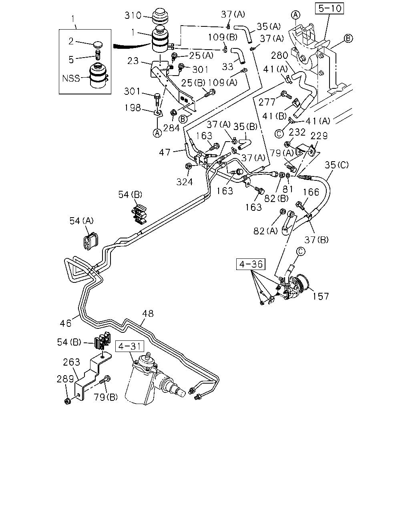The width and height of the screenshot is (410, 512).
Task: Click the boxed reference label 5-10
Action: [329, 8]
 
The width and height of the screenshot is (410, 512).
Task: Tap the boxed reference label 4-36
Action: [251, 264]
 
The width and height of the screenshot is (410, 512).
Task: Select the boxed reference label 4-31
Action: [130, 346]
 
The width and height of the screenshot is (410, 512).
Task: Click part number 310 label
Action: [133, 16]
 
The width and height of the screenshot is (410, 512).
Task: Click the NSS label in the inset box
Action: [71, 78]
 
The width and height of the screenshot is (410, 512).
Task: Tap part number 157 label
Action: [320, 296]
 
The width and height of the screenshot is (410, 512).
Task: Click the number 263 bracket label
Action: [72, 362]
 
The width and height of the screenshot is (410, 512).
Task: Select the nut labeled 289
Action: [68, 402]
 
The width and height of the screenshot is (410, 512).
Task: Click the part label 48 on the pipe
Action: [148, 314]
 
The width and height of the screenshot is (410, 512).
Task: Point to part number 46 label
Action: [66, 323]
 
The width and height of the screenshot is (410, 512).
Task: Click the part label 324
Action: [185, 182]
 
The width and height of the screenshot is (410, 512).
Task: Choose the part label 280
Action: [279, 56]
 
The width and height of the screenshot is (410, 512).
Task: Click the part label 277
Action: [267, 102]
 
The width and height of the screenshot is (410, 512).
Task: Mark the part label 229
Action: [319, 136]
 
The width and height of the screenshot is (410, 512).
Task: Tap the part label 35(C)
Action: [336, 165]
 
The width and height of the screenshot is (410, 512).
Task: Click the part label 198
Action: [133, 108]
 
